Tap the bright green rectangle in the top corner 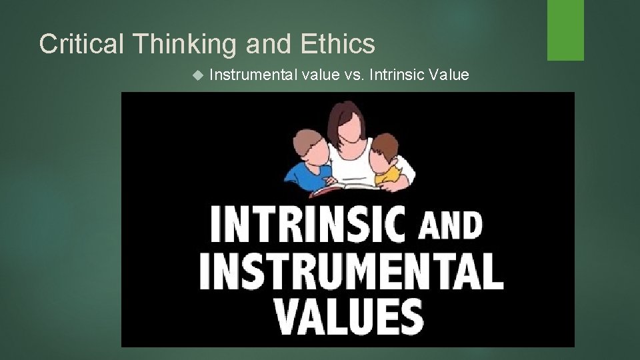[565, 30]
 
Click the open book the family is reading [340, 189]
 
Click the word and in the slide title [269, 44]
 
